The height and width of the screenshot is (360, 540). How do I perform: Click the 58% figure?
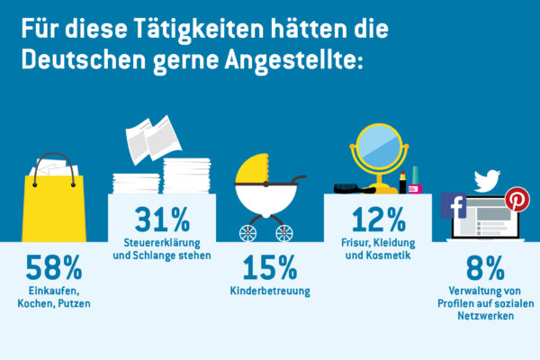point(54,266)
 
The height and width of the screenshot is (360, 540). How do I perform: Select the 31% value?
point(162,219)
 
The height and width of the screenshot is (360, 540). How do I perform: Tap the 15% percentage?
point(270,266)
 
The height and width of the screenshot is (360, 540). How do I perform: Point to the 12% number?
point(378,219)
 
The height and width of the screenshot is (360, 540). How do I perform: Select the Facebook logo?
point(454,206)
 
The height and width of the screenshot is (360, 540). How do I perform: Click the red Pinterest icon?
point(517,200)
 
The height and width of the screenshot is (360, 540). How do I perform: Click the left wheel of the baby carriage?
point(247,233)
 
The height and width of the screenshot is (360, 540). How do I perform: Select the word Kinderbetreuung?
point(270,292)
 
